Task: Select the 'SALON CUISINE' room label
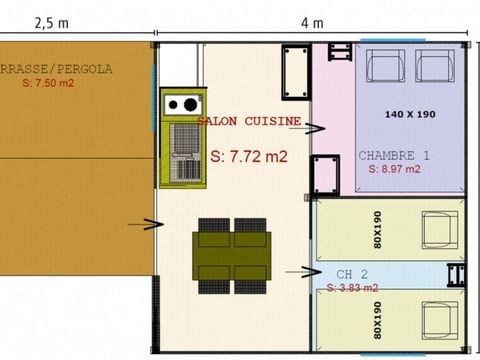pos(249,121)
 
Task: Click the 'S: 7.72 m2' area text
pos(249,157)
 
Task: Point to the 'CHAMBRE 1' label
pos(394,156)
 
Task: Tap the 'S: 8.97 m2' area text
pos(394,169)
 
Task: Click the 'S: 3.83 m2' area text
pos(352,287)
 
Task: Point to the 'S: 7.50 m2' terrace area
pos(48,84)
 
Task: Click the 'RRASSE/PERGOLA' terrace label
pos(56,69)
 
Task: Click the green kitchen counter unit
pos(182,138)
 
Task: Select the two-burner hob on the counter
pos(182,104)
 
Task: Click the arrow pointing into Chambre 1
pos(314,128)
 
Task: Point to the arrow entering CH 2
pos(298,270)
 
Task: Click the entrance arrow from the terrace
pos(146,224)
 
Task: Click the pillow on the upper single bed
pos(439,229)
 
